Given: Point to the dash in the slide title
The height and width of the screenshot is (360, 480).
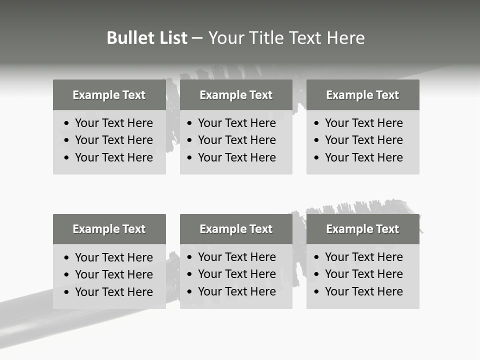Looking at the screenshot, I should click(197, 38).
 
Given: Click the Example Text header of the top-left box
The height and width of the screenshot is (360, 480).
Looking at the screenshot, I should click(109, 95).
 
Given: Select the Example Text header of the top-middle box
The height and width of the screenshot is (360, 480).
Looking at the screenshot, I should click(236, 95).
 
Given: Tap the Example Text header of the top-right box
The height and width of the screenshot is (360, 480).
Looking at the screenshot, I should click(362, 95).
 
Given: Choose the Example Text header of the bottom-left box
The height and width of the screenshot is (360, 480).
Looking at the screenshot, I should click(109, 229).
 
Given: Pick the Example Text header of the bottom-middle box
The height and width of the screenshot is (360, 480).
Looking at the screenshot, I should click(236, 229).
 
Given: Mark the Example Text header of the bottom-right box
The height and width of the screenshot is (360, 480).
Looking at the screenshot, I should click(362, 229).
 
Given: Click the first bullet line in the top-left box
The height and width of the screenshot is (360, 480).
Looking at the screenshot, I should click(114, 123).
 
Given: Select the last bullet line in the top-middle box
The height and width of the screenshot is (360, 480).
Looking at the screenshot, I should click(237, 157).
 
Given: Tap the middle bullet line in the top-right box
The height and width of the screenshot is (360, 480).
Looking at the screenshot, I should click(364, 140).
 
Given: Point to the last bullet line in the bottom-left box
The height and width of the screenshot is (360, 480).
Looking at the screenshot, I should click(114, 292).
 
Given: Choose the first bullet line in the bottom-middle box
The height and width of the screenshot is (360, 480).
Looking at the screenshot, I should click(237, 257).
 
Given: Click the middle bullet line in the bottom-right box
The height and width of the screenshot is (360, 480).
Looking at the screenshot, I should click(364, 274).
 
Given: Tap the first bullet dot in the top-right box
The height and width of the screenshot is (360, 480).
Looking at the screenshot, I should click(317, 123).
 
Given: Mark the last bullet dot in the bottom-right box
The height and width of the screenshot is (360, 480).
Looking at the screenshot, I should click(317, 292).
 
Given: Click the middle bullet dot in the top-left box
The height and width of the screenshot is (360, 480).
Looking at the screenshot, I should click(67, 140).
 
